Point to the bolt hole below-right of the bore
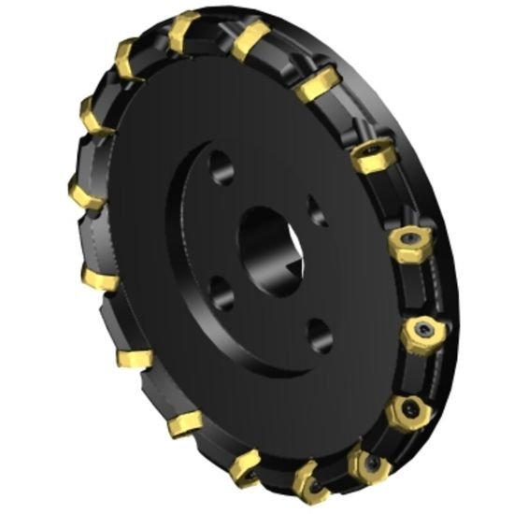[x=318, y=331]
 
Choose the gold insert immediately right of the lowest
[x=366, y=464]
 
